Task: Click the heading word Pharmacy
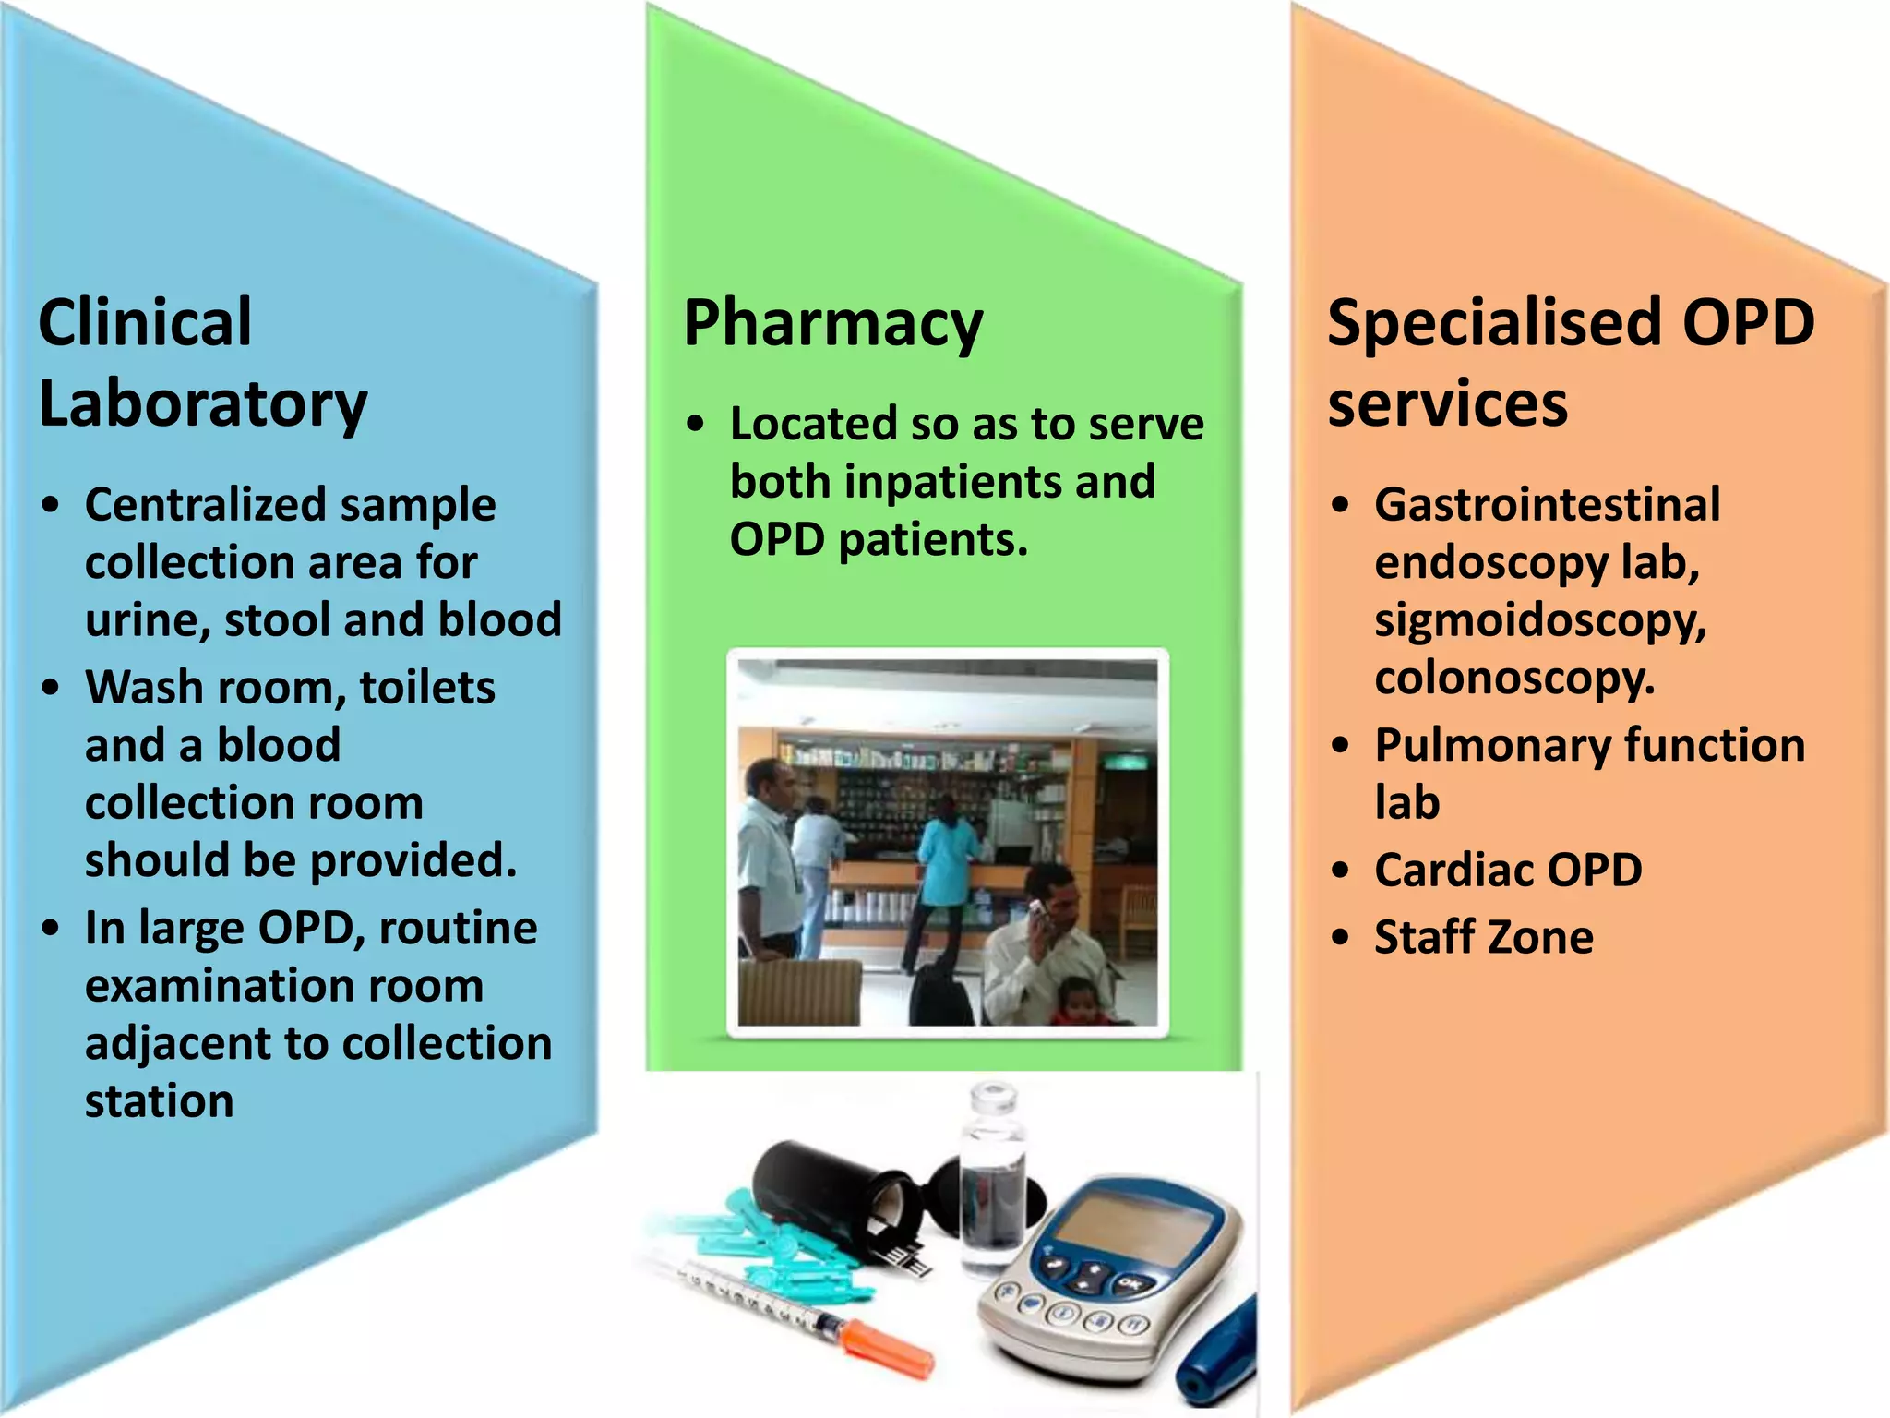point(832,324)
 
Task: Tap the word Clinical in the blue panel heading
point(145,324)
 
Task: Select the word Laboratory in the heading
point(203,404)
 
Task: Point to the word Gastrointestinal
point(1547,505)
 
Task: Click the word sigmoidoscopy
point(1539,620)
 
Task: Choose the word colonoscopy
point(1513,679)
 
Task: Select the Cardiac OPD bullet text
point(1508,870)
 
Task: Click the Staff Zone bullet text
point(1483,937)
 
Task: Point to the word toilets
point(427,688)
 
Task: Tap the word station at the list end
point(159,1101)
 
